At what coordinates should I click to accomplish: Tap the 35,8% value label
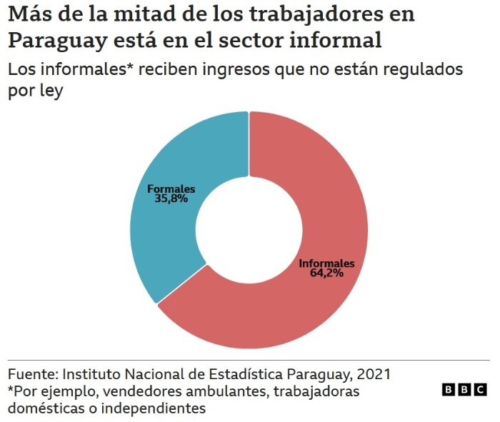coord(171,199)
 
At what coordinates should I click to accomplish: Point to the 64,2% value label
coord(326,273)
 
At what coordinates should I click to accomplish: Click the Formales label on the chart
coord(171,189)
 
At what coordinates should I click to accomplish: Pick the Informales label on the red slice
coord(326,263)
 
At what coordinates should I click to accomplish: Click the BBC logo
coord(464,390)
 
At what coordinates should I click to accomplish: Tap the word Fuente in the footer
coord(31,374)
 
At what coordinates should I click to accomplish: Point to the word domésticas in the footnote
coord(42,408)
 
